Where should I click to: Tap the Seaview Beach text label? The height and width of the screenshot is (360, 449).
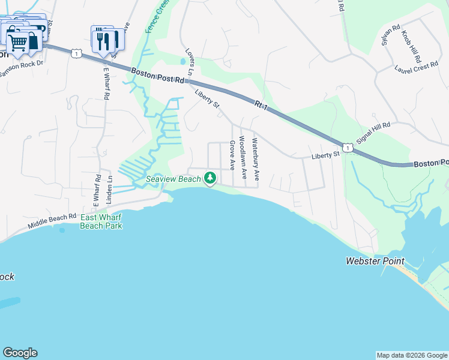[x=173, y=179]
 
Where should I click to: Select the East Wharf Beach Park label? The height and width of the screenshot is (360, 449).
[x=101, y=221]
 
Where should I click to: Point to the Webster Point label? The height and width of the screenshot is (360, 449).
[x=375, y=261]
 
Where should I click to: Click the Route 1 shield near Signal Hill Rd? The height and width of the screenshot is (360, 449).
[x=347, y=147]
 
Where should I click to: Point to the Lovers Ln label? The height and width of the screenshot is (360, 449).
[x=190, y=62]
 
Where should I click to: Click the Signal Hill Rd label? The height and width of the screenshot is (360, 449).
[x=373, y=133]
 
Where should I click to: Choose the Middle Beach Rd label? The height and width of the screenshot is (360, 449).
[x=52, y=220]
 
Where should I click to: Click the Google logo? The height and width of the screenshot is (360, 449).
[x=20, y=353]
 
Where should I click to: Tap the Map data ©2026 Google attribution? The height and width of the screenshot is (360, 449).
[x=412, y=355]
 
